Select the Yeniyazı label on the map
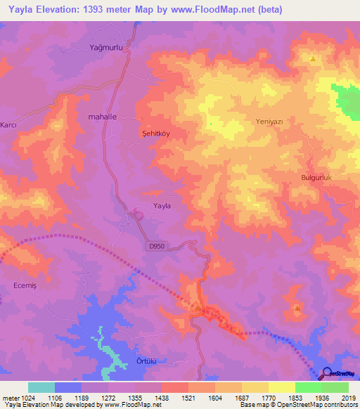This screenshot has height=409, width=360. pyautogui.click(x=268, y=122)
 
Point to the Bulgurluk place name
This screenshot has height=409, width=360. pyautogui.click(x=316, y=178)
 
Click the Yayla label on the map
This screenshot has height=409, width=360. pyautogui.click(x=162, y=206)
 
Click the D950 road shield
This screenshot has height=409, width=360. pyautogui.click(x=157, y=246)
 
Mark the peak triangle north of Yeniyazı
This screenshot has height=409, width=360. pyautogui.click(x=312, y=58)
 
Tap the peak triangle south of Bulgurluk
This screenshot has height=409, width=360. pyautogui.click(x=297, y=308)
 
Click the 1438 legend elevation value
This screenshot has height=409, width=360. pyautogui.click(x=161, y=397)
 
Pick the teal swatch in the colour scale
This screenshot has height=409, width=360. pyautogui.click(x=41, y=387)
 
